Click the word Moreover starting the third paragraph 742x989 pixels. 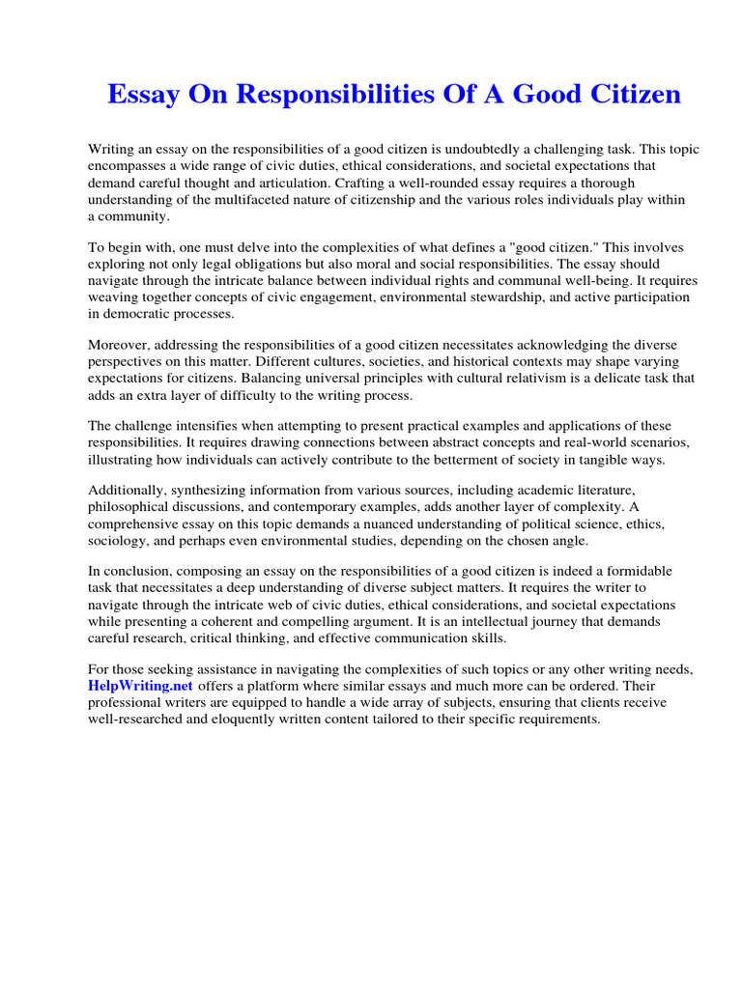coord(118,345)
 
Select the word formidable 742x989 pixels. coord(611,571)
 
